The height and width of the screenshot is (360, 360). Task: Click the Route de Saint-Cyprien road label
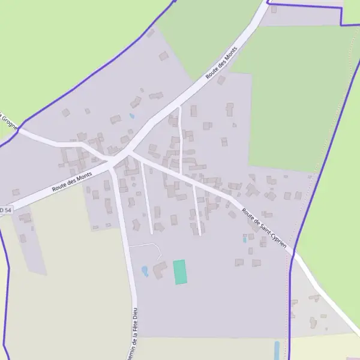point(264,228)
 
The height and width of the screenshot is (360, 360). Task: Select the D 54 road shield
point(5,210)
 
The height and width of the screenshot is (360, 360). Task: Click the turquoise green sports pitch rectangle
point(180,272)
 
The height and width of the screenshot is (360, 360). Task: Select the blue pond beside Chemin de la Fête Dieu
point(145,271)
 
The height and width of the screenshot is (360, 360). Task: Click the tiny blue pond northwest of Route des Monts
point(132,116)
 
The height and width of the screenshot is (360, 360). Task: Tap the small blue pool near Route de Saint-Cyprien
point(245,239)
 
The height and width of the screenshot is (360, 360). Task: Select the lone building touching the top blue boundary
point(274,9)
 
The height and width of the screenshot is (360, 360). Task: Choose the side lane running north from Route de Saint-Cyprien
point(180,138)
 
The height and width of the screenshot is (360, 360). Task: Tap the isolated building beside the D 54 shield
point(16,192)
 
